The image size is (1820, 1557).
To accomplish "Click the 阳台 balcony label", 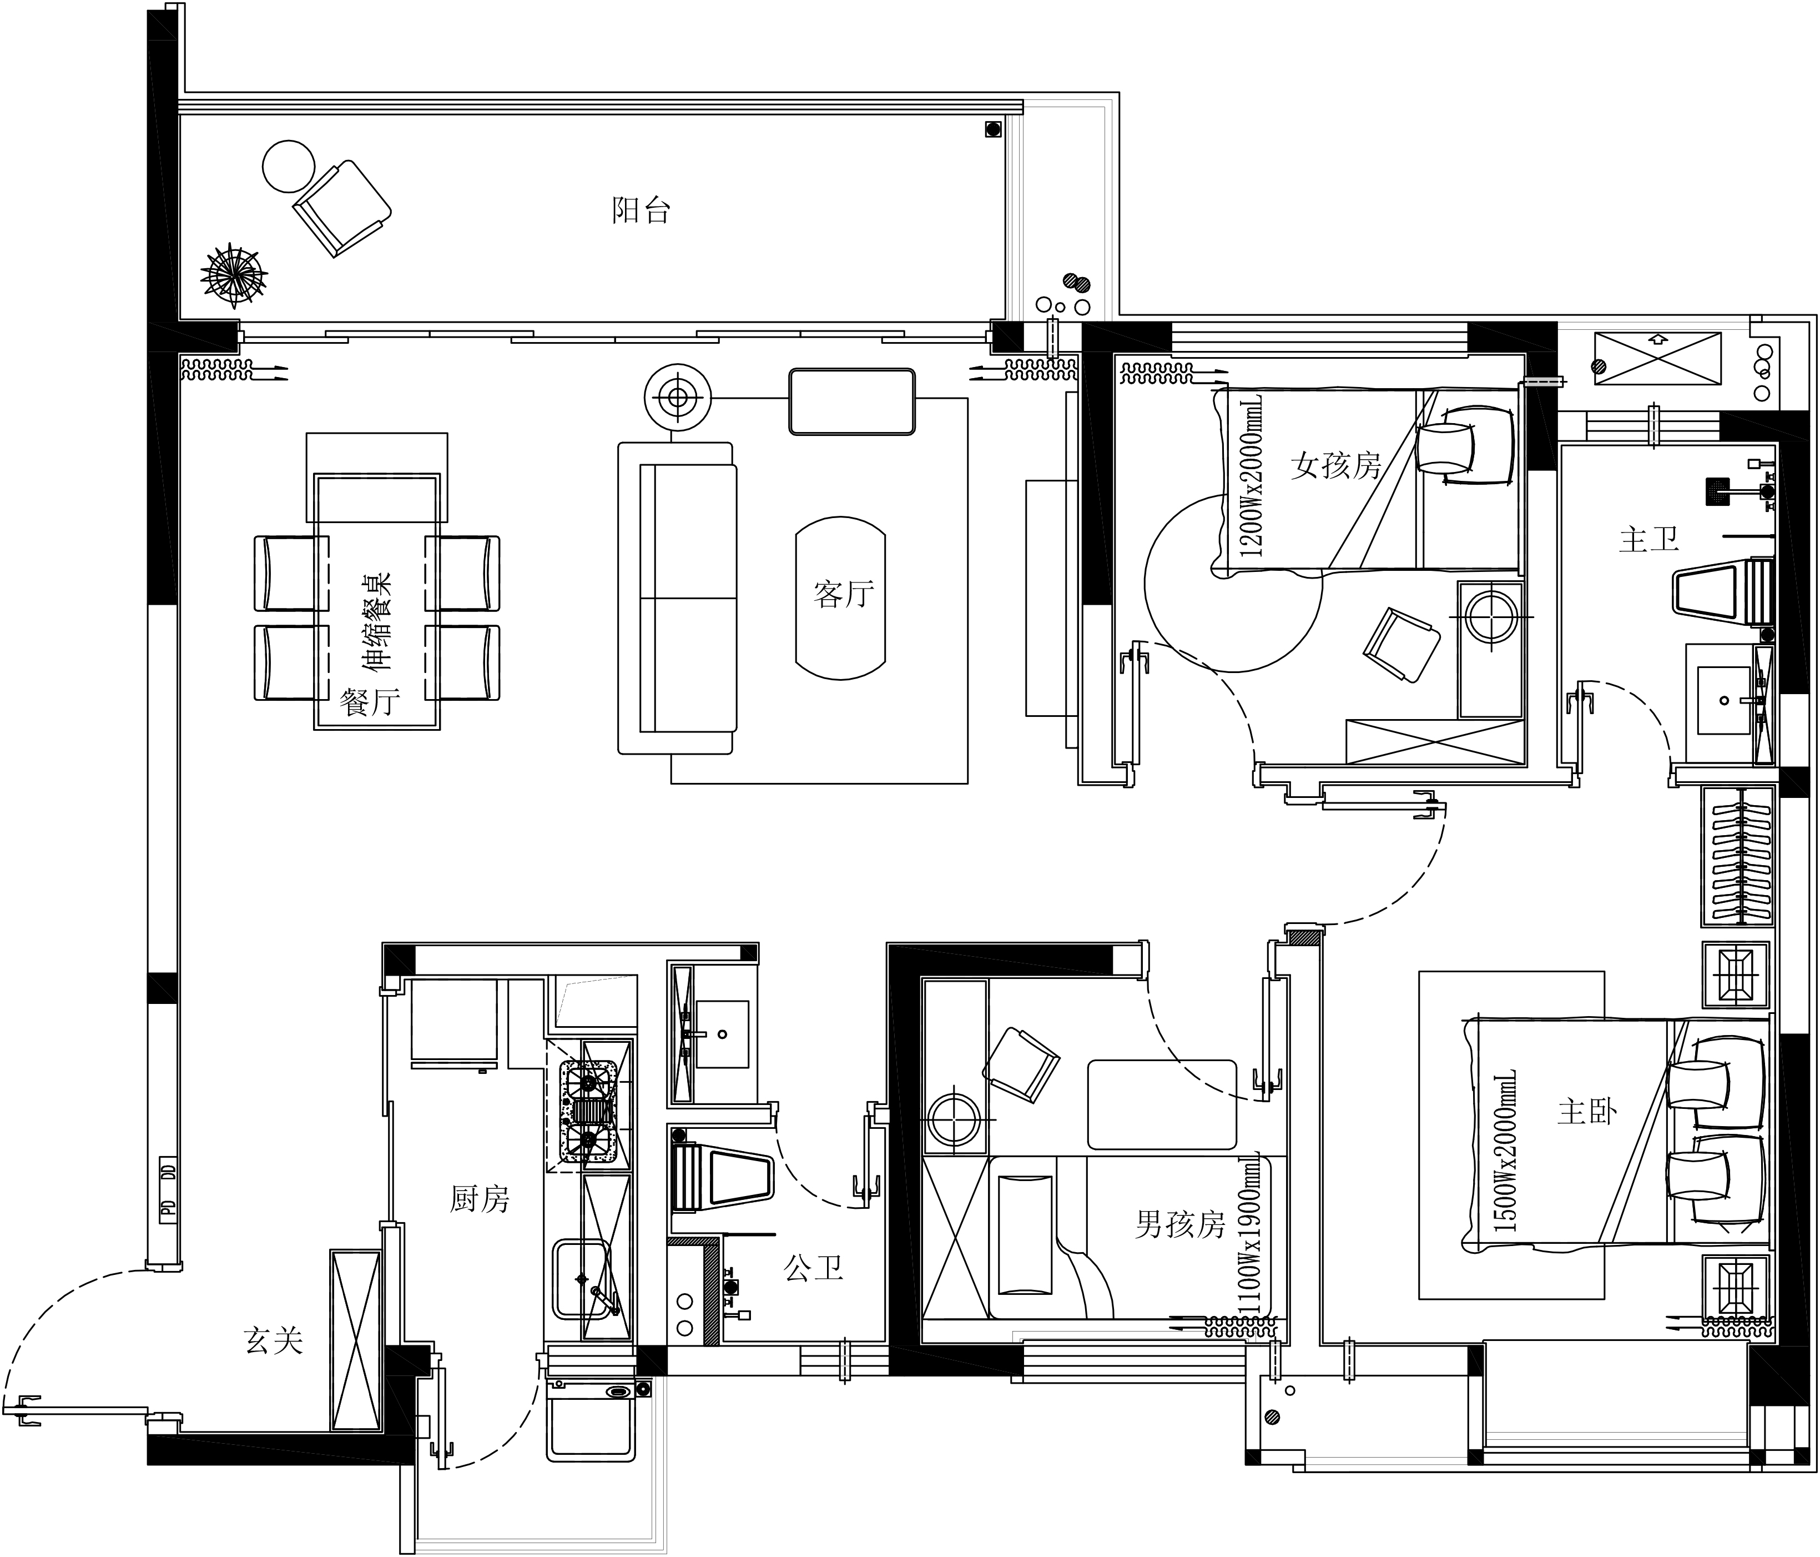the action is point(641,211).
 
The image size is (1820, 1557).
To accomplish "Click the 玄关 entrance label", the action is point(273,1341).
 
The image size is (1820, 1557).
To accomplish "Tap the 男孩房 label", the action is point(1179,1224).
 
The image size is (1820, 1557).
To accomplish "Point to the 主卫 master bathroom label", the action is point(1648,540).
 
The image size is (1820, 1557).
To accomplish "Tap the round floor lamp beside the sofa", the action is point(677,398).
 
